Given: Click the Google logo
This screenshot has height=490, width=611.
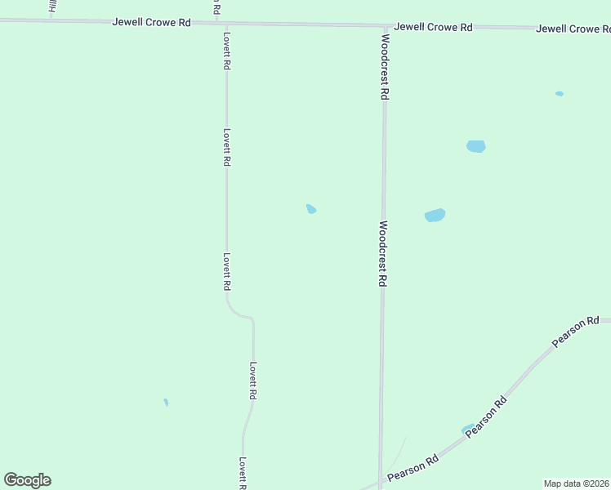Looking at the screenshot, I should [x=27, y=480].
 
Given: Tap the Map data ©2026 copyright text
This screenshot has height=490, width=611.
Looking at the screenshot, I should [x=576, y=483].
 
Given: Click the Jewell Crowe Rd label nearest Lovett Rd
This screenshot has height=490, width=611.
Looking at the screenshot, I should [x=151, y=23].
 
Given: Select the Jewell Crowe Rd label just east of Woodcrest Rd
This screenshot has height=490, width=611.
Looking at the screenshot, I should [x=433, y=27].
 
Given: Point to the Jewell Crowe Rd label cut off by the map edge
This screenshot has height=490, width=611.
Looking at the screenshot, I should [x=573, y=29].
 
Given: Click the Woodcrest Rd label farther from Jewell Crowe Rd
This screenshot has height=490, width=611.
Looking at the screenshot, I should [x=381, y=253].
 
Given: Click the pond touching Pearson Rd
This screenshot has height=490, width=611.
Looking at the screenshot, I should [x=467, y=430].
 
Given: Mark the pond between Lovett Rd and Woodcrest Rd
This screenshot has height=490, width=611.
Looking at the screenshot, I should [x=311, y=209].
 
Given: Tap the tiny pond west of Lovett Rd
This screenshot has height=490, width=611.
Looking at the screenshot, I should [x=166, y=402].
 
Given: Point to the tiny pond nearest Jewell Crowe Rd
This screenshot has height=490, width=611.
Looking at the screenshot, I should [x=560, y=94].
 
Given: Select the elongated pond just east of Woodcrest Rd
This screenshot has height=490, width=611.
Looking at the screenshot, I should [x=435, y=216].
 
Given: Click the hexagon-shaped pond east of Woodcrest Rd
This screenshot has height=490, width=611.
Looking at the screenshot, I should [x=475, y=146].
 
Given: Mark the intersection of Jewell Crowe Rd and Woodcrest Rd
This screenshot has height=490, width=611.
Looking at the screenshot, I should [x=384, y=26].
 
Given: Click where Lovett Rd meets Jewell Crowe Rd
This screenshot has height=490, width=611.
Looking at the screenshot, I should [x=225, y=24].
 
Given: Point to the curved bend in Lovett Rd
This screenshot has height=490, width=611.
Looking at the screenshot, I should [x=242, y=314].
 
